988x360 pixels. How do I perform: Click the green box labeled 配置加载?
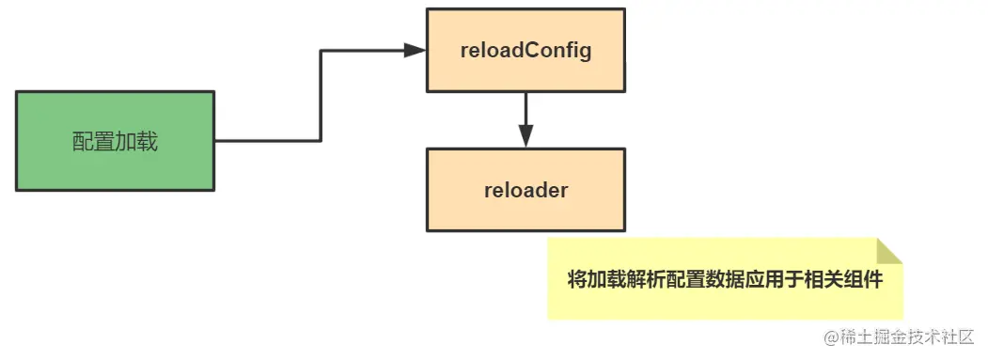pyautogui.click(x=115, y=141)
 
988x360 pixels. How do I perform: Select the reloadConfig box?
pyautogui.click(x=525, y=51)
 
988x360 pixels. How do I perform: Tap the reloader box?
pyautogui.click(x=525, y=190)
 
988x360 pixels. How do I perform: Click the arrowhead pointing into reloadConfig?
pyautogui.click(x=416, y=51)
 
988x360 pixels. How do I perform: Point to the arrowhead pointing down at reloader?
pyautogui.click(x=525, y=136)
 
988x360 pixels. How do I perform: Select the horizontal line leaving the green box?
pyautogui.click(x=267, y=141)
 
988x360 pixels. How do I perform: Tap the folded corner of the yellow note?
pyautogui.click(x=889, y=251)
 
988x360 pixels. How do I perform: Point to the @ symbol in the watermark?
pyautogui.click(x=831, y=337)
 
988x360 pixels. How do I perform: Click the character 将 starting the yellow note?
pyautogui.click(x=577, y=280)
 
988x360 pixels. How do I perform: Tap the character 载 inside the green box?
pyautogui.click(x=148, y=142)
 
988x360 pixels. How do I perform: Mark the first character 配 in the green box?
pyautogui.click(x=83, y=142)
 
